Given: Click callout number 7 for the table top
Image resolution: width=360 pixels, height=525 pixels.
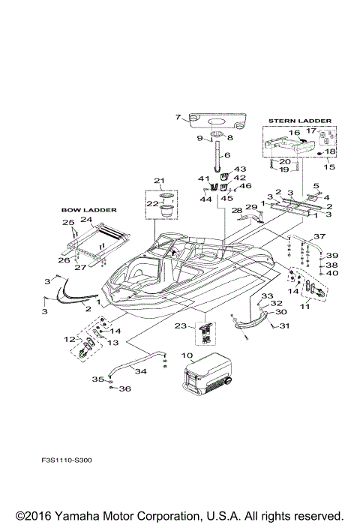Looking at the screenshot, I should coord(178,117).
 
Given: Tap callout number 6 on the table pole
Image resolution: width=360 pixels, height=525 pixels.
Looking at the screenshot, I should coord(218,154).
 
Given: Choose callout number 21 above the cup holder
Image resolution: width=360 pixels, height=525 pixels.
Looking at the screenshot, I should coord(158,180).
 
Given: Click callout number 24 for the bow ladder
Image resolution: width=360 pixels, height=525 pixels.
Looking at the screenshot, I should coord(86,220).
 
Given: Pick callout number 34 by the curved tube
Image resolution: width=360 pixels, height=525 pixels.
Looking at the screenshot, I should coord(139,370).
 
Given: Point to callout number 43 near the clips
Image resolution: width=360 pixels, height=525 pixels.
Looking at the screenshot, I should coord(240,169).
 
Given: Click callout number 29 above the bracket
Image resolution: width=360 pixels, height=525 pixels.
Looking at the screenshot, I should coord(252,205).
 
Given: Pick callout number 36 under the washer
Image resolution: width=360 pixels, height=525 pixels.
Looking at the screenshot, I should coord(125,388).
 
